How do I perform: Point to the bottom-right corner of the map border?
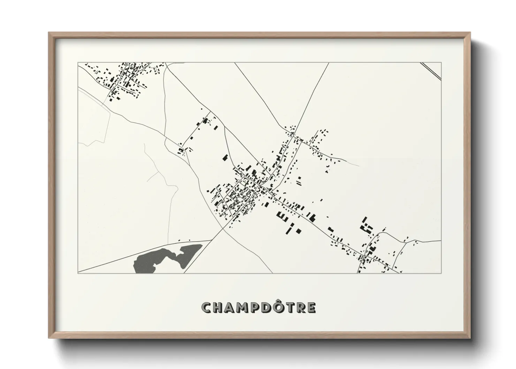click(x=441, y=273)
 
